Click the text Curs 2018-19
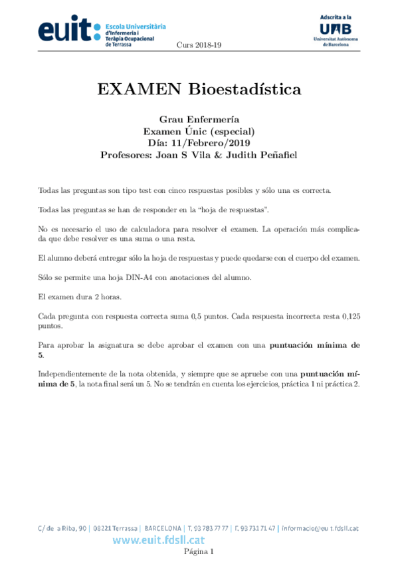(199, 45)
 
